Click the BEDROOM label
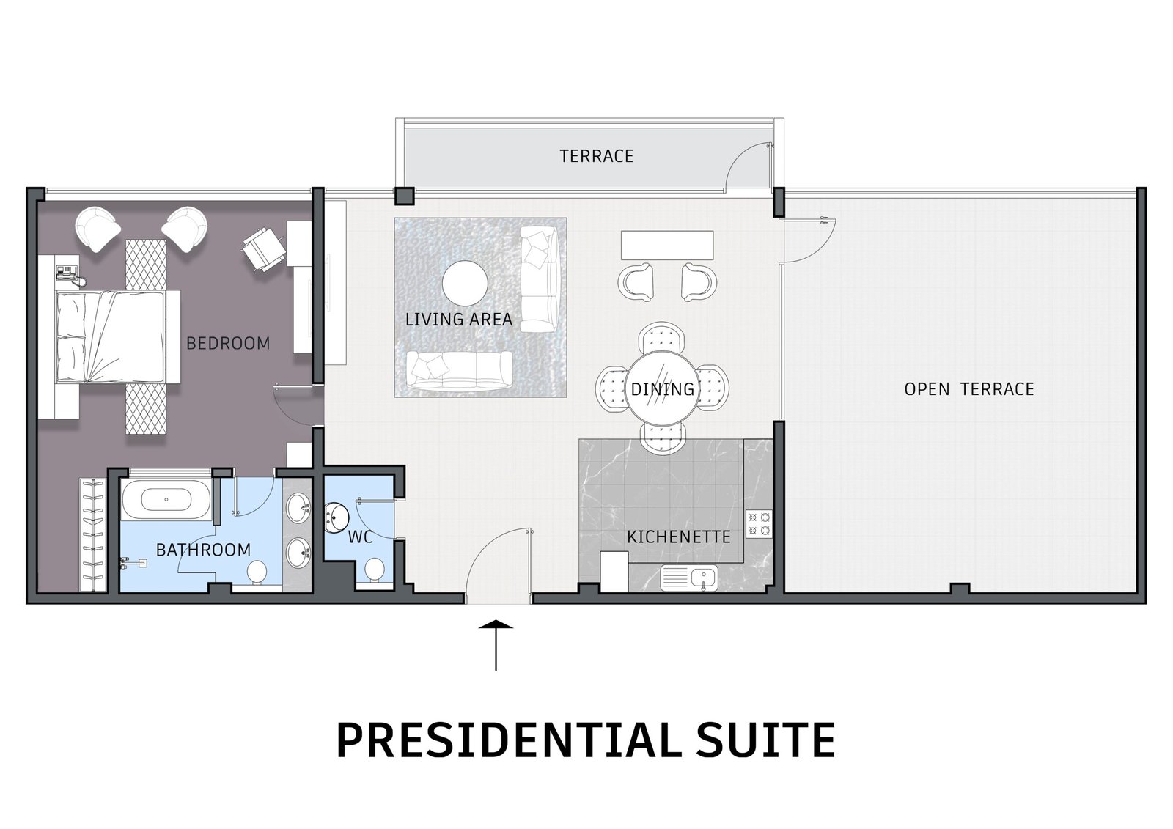coord(228,344)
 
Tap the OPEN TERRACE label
coord(969,389)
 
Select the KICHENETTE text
coord(679,537)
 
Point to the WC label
coord(361,537)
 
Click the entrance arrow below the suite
coord(496,645)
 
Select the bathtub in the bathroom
coord(166,500)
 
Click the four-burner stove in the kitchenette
coord(759,524)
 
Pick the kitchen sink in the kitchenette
coord(689,578)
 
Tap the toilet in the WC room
coord(375,570)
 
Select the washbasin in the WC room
coord(336,517)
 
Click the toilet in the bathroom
coord(257,573)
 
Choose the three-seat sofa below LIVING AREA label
coord(460,370)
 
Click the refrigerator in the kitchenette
coord(614,571)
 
